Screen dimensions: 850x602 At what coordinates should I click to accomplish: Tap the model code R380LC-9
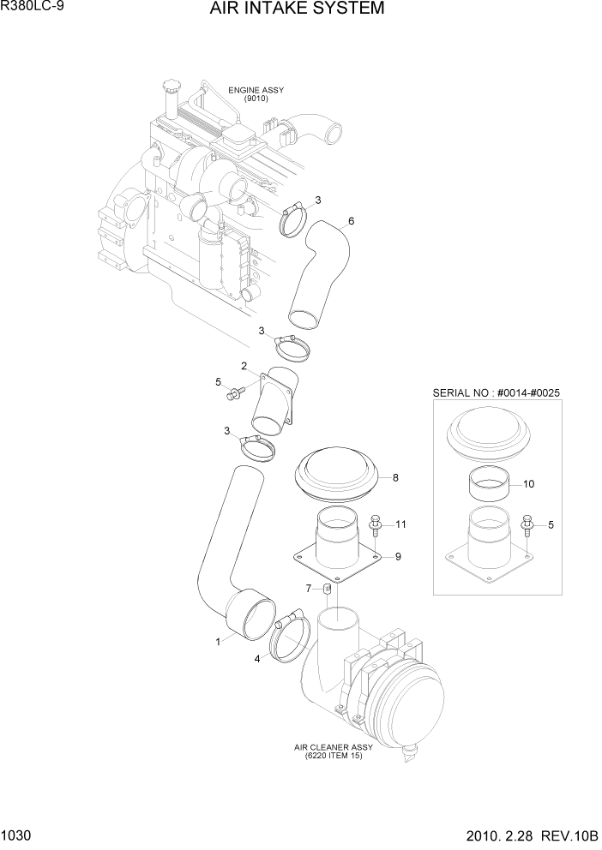pyautogui.click(x=31, y=8)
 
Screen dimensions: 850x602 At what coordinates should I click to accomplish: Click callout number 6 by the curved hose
pyautogui.click(x=351, y=221)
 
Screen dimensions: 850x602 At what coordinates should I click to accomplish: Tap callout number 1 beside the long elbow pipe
pyautogui.click(x=218, y=640)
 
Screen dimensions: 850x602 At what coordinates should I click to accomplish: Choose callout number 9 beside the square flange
pyautogui.click(x=397, y=557)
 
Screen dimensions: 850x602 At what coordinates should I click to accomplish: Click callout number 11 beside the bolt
pyautogui.click(x=400, y=524)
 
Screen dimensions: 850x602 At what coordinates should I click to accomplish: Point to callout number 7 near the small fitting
pyautogui.click(x=309, y=588)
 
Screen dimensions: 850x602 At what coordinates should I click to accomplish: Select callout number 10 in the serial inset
pyautogui.click(x=528, y=484)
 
